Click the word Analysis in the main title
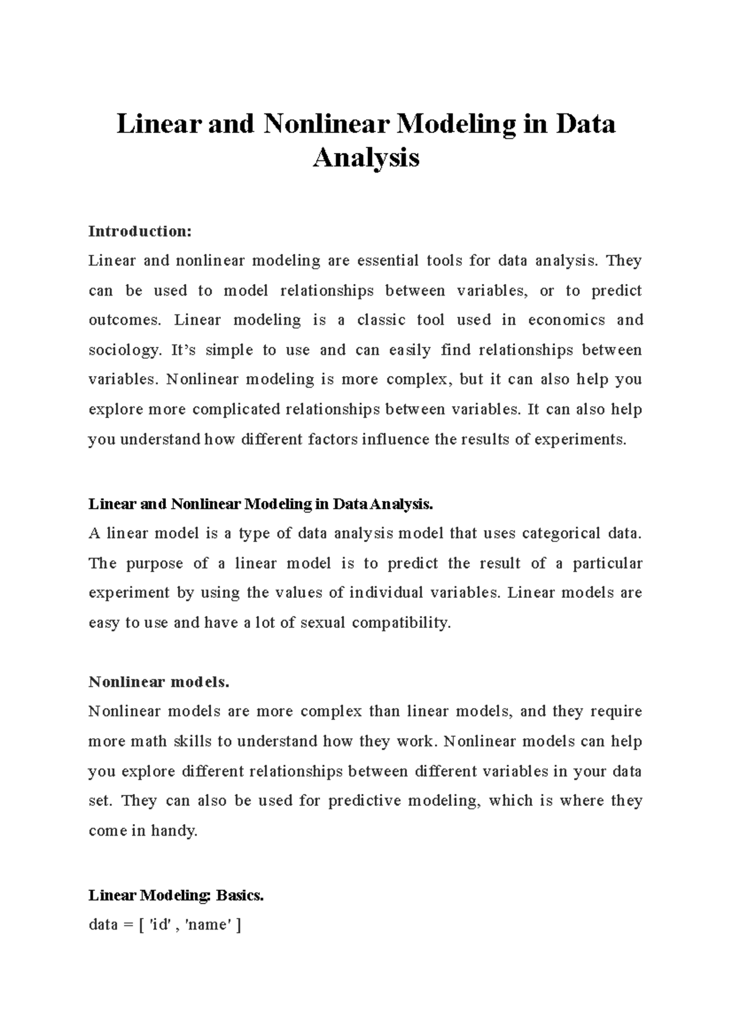[366, 158]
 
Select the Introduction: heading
[140, 232]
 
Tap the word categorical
[557, 533]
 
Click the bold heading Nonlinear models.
[159, 682]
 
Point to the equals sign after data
[127, 925]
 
